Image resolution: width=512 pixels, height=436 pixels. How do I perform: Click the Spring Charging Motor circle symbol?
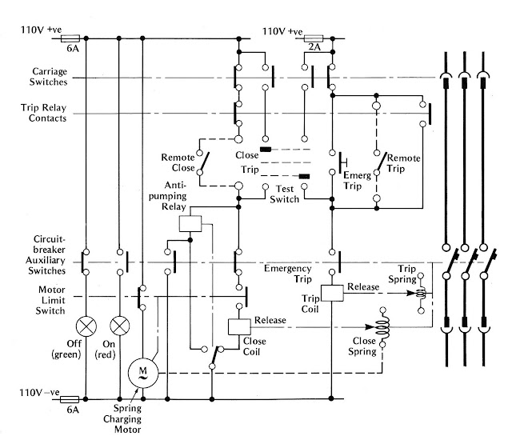(142, 372)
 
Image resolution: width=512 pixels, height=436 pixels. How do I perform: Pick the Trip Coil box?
(332, 293)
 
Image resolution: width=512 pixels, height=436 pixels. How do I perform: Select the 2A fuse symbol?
(313, 38)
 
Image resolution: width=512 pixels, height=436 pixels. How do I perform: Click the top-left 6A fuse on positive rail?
(70, 38)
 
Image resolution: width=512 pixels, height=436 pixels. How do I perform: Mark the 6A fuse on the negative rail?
(70, 398)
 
